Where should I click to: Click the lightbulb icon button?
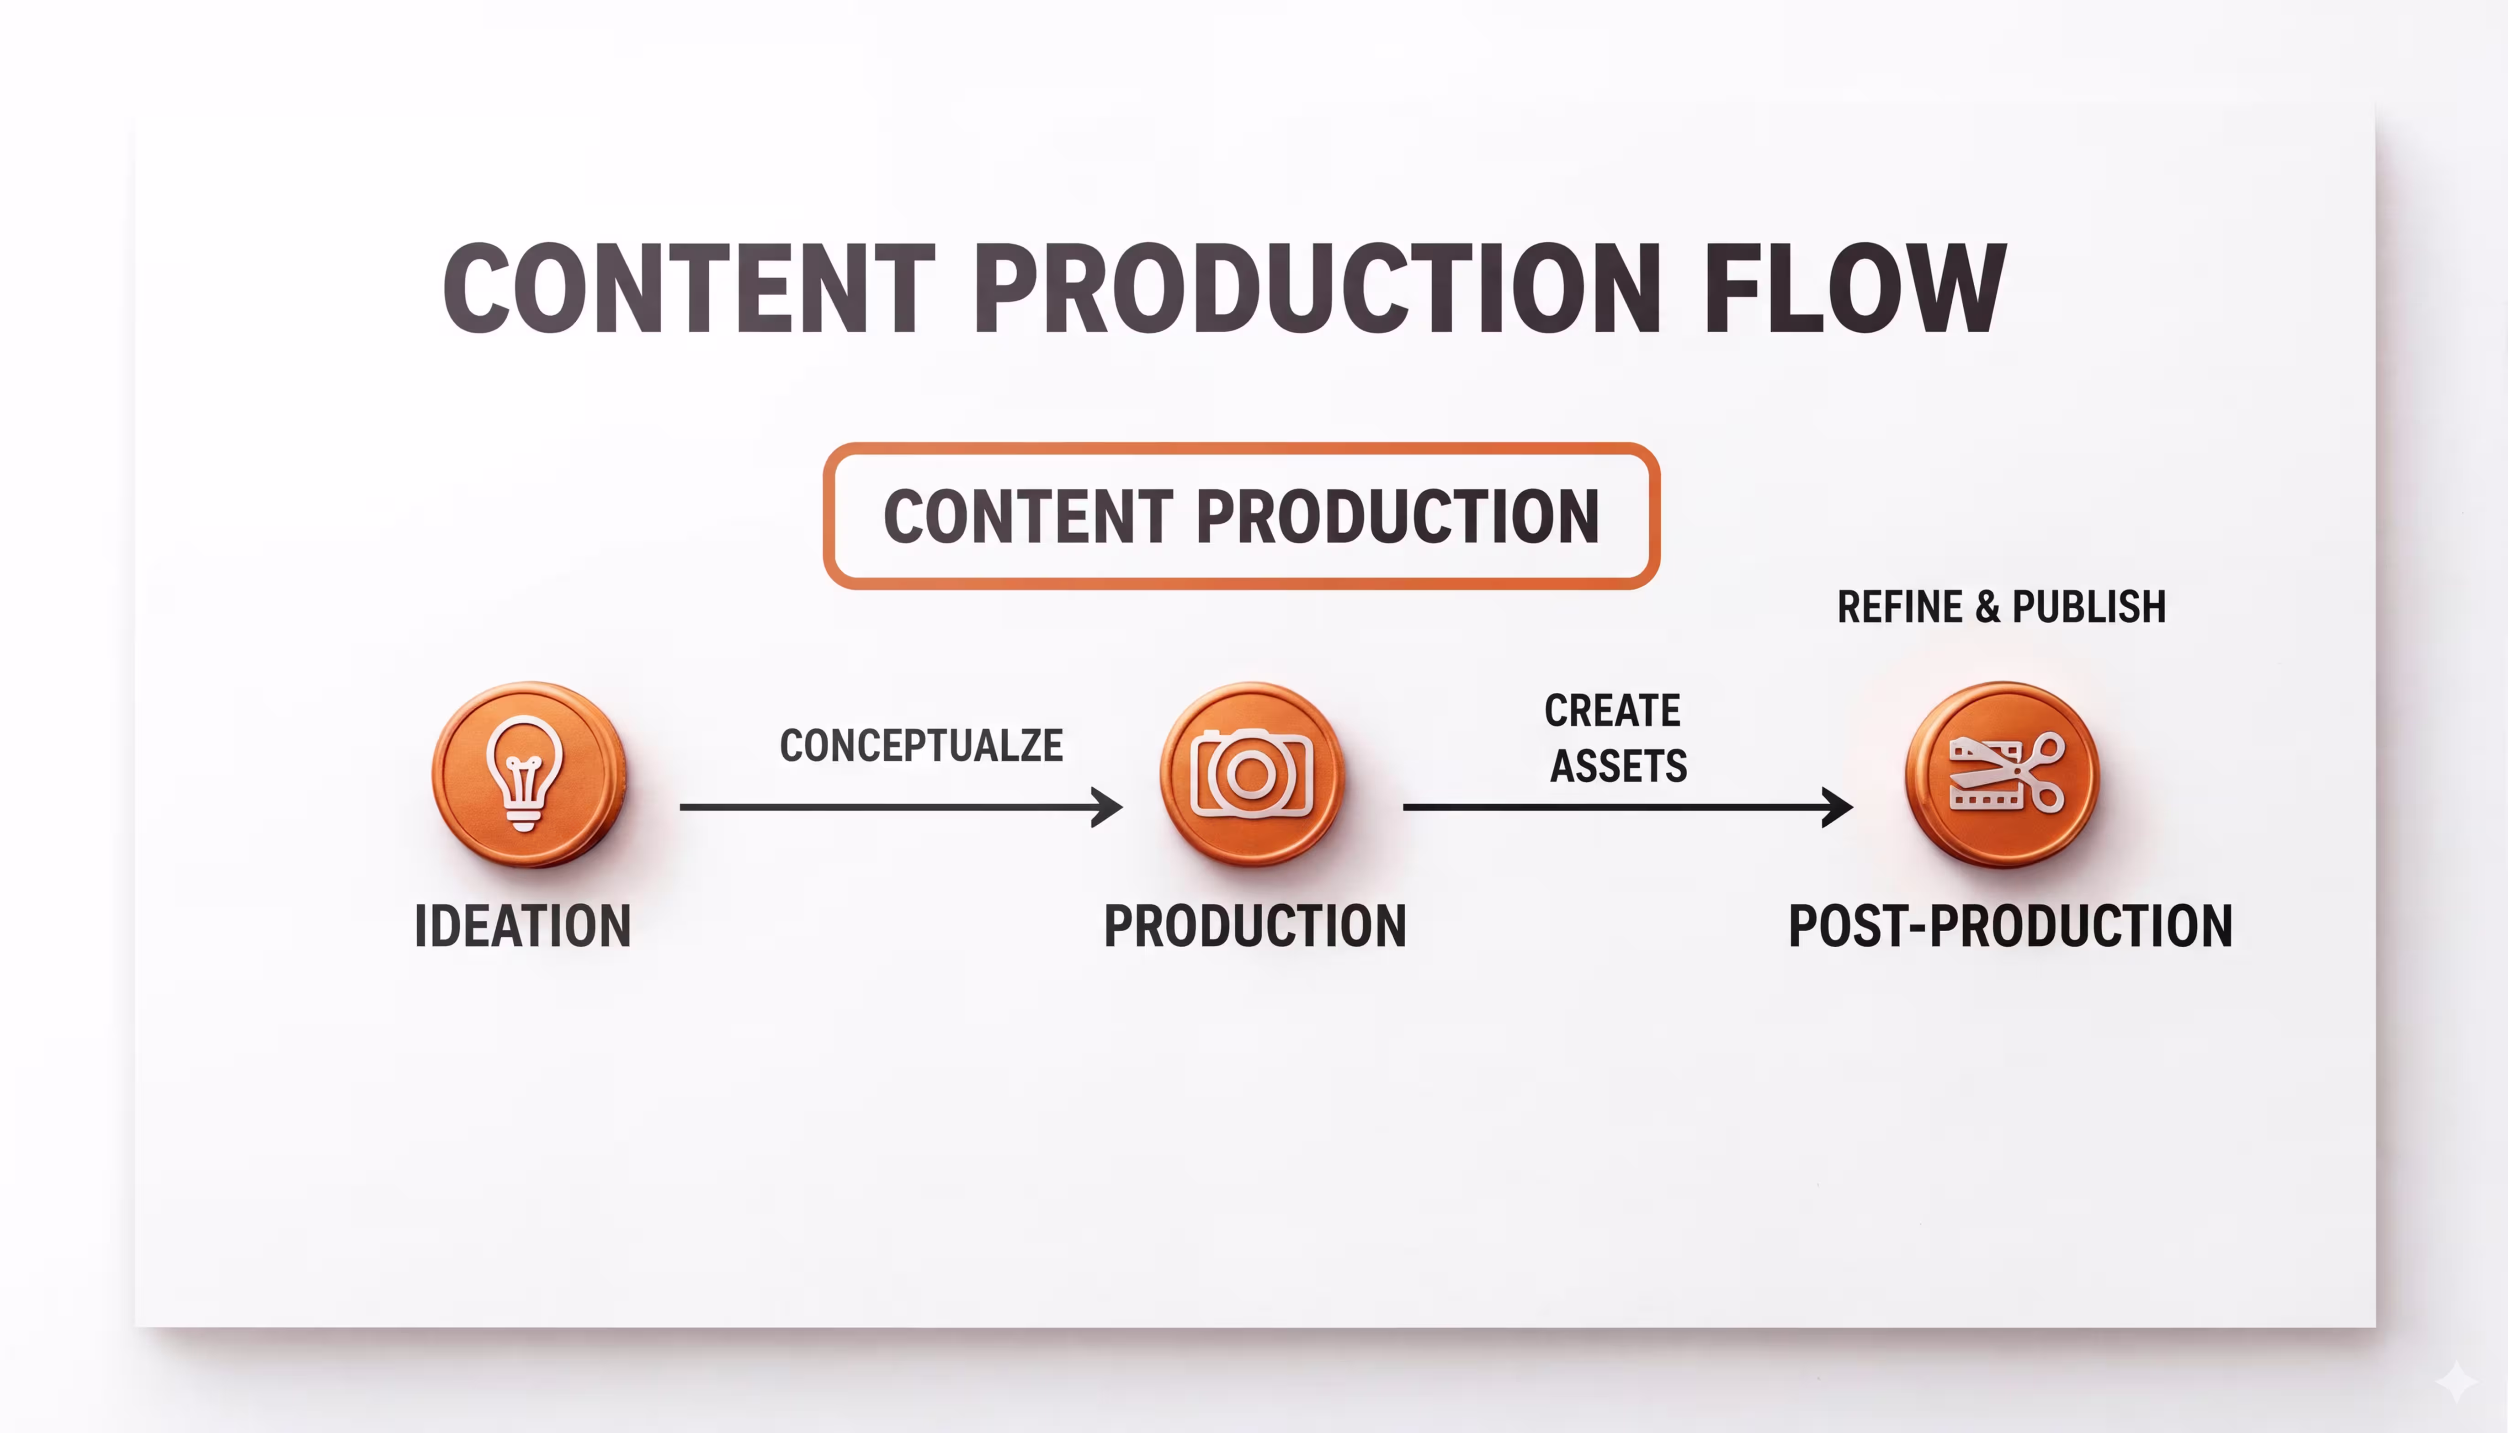pyautogui.click(x=529, y=774)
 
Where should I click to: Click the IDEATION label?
pyautogui.click(x=523, y=926)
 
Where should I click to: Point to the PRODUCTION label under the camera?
pyautogui.click(x=1255, y=926)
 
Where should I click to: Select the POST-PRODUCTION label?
pyautogui.click(x=2010, y=926)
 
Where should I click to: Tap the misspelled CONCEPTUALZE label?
pyautogui.click(x=921, y=745)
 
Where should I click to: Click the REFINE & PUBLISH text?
pyautogui.click(x=2001, y=606)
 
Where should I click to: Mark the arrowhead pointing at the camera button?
pyautogui.click(x=1108, y=807)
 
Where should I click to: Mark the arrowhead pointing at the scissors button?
pyautogui.click(x=1838, y=807)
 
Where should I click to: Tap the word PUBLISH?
pyautogui.click(x=2088, y=606)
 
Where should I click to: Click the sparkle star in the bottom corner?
pyautogui.click(x=2457, y=1381)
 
